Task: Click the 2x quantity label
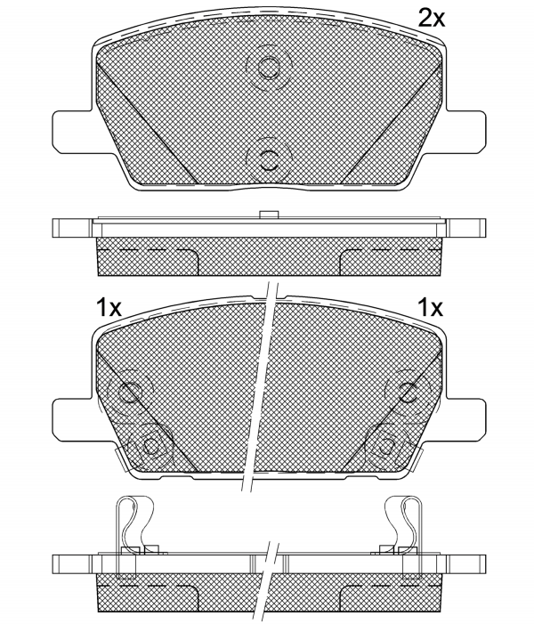click(431, 18)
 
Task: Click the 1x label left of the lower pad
click(109, 308)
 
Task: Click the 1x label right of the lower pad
click(430, 307)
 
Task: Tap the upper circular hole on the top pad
click(268, 67)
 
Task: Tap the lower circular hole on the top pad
click(268, 161)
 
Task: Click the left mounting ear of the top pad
click(72, 132)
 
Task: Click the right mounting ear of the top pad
click(466, 132)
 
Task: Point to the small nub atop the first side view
click(267, 215)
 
